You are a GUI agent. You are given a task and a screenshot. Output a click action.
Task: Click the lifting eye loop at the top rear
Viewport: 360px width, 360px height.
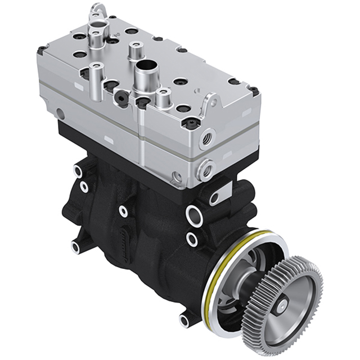[x=98, y=10]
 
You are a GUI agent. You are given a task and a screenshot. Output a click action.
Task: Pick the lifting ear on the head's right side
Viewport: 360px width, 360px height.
[x=211, y=102]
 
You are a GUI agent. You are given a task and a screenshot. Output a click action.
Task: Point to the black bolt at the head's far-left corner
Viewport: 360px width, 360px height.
[x=42, y=50]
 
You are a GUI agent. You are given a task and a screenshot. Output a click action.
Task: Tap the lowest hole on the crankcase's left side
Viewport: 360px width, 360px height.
[x=75, y=246]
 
